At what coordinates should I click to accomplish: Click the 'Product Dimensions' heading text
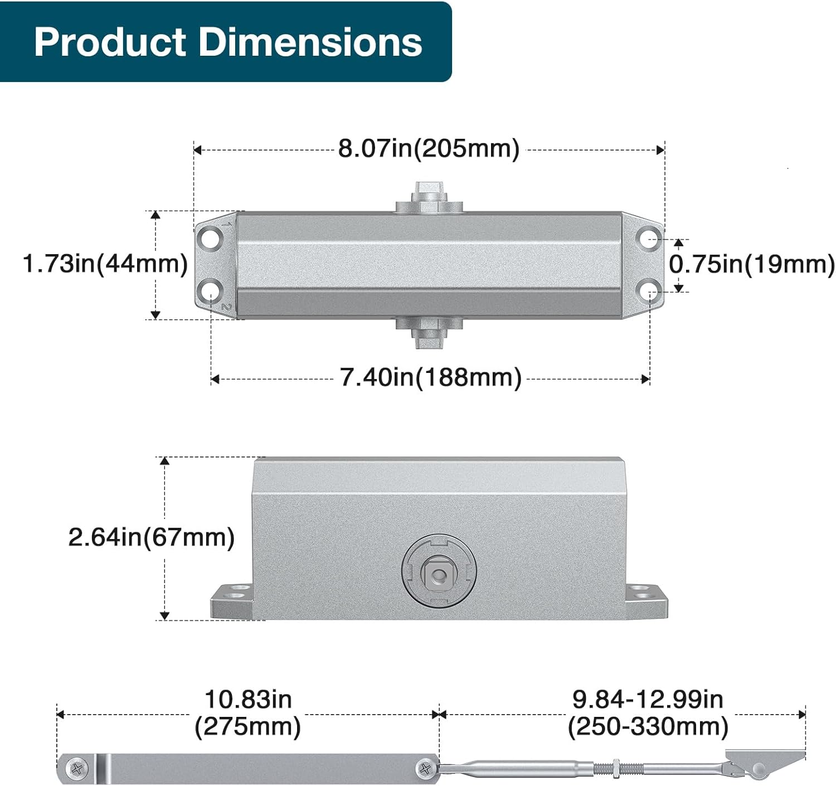click(x=228, y=42)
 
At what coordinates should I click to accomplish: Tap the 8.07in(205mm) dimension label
click(x=429, y=148)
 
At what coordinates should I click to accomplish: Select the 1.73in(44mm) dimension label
click(x=105, y=264)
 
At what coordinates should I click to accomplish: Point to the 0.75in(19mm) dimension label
click(x=752, y=265)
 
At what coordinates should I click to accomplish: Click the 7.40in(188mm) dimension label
click(x=431, y=377)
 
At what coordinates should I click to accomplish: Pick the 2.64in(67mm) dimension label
click(x=152, y=537)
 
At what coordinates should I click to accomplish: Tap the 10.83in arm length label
click(x=248, y=700)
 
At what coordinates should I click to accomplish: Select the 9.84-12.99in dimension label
click(x=648, y=700)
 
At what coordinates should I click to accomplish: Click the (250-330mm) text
click(x=648, y=726)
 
